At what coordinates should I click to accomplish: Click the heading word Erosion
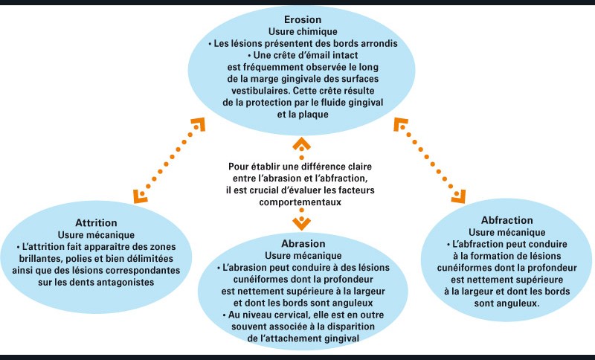[302, 19]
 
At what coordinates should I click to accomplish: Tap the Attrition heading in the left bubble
[95, 222]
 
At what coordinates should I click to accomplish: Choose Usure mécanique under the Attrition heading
[95, 234]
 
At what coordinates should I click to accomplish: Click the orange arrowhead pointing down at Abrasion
[301, 222]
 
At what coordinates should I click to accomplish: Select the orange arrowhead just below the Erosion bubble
[301, 144]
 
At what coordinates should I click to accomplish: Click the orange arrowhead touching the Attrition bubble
[140, 196]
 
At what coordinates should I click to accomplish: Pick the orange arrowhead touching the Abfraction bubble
[457, 196]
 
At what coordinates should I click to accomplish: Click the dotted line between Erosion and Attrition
[168, 158]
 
